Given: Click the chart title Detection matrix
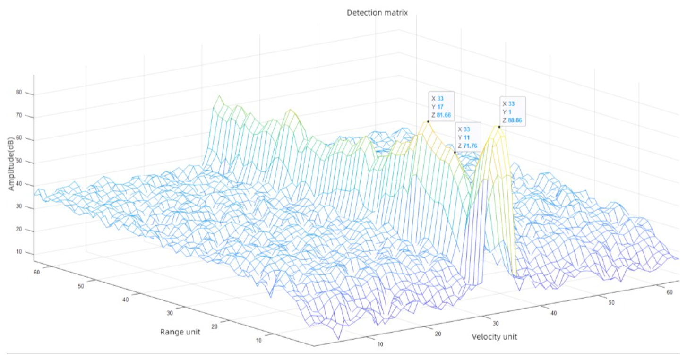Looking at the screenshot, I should [377, 13].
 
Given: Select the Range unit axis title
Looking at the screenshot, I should [180, 332].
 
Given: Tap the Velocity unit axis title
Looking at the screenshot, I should [494, 337].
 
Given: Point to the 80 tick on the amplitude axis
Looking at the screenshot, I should [19, 93].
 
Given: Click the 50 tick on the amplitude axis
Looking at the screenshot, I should [19, 162].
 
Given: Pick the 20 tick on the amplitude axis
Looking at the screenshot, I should [19, 230].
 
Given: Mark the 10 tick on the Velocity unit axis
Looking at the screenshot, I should [379, 344].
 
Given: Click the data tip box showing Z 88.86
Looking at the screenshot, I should [513, 111].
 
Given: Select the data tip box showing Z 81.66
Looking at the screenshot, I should [441, 106].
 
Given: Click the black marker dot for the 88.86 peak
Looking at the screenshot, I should [499, 127].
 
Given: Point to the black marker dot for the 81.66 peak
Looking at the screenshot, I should [428, 121].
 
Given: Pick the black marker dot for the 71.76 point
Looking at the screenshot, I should [455, 152].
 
